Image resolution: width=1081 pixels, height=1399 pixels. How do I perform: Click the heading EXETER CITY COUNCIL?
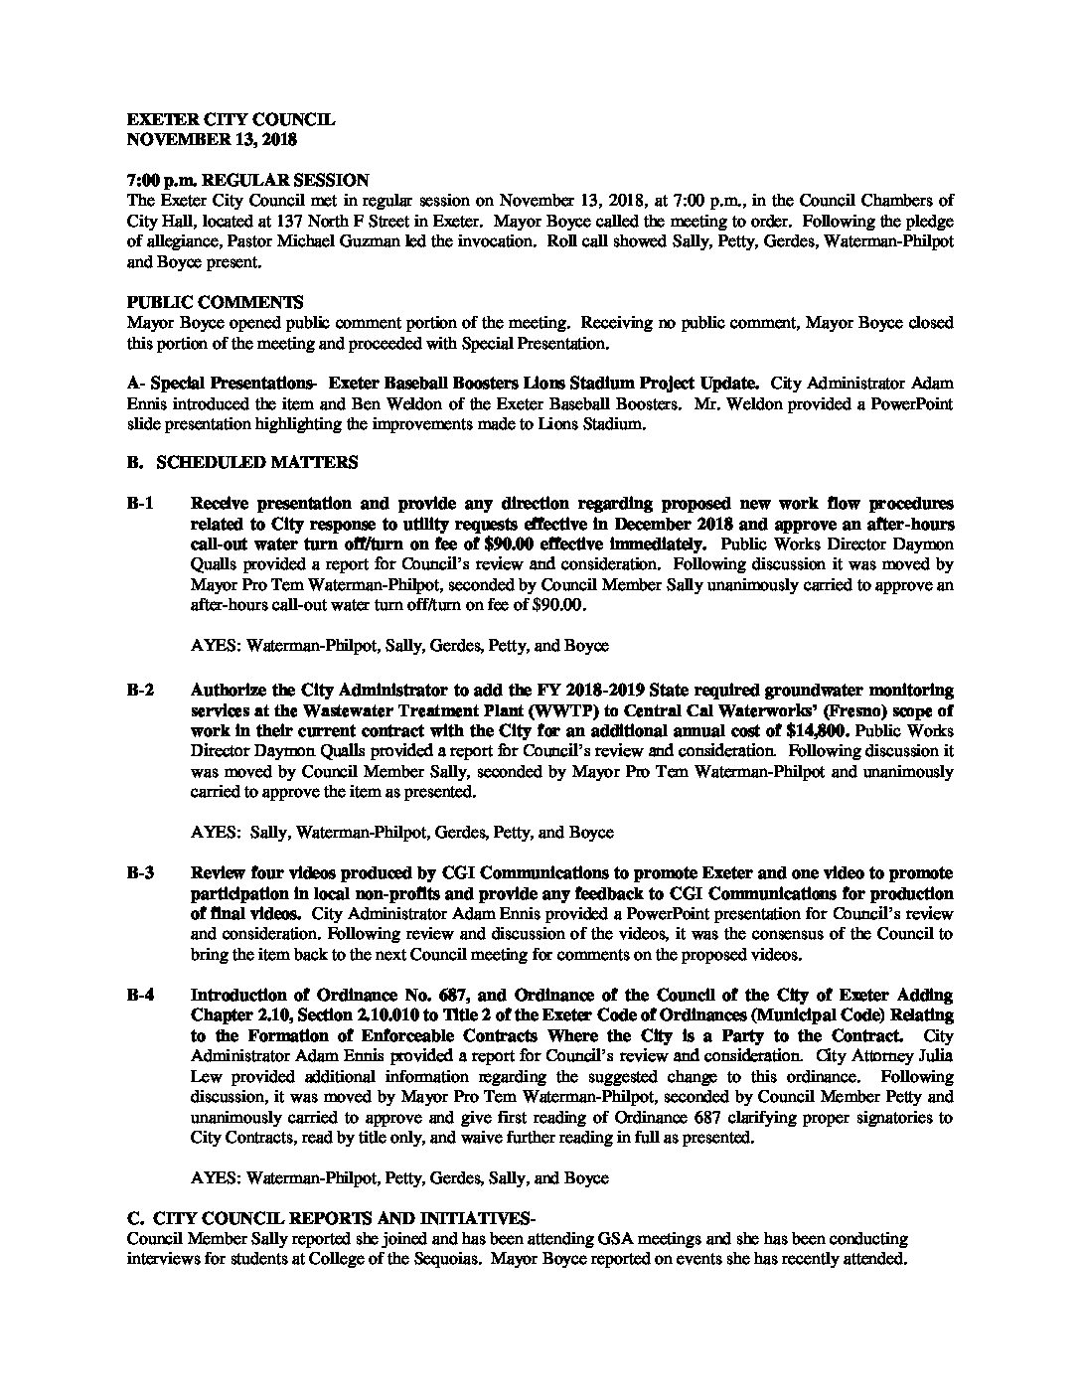coord(232,120)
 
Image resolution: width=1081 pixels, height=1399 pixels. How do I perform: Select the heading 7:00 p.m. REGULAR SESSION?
coord(248,180)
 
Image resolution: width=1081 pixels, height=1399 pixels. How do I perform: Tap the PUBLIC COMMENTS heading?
coord(216,302)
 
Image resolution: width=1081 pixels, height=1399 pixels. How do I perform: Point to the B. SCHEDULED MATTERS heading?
coord(242,463)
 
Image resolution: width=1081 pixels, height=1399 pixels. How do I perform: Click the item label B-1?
coord(140,504)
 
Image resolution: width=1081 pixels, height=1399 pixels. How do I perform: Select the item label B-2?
coord(140,690)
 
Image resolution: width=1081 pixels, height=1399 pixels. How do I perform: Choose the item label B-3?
coord(140,873)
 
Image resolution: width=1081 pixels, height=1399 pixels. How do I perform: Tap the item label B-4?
coord(140,996)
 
